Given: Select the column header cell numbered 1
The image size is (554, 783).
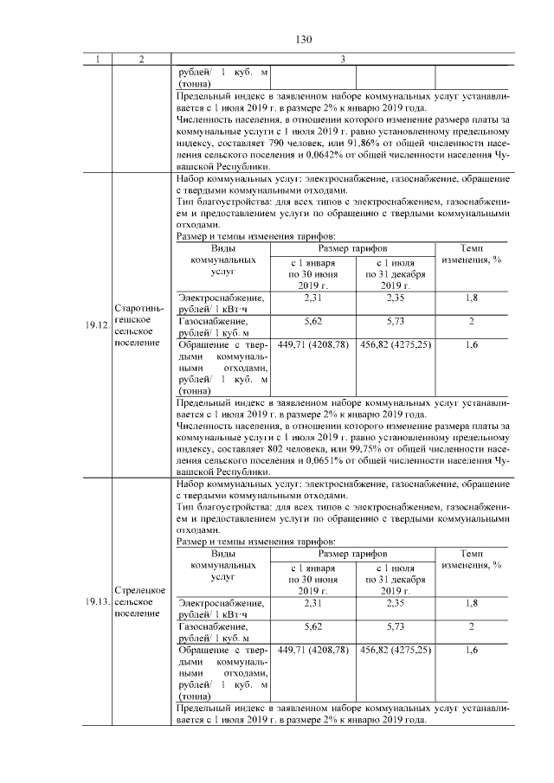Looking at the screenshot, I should [x=98, y=59].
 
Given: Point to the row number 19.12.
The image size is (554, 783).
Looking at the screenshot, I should [x=97, y=326].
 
